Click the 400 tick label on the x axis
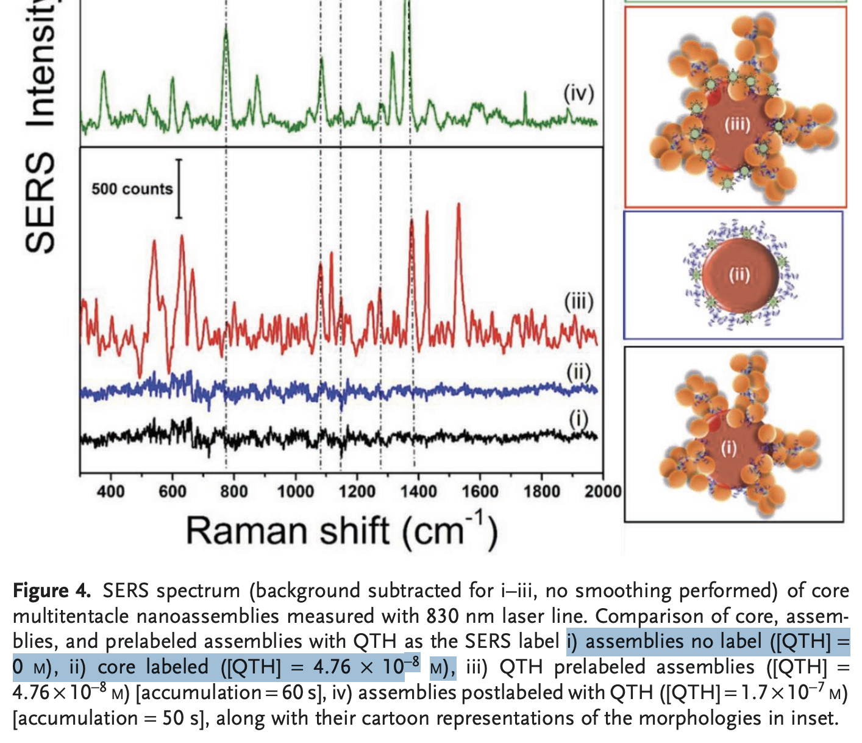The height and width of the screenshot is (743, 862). pyautogui.click(x=110, y=491)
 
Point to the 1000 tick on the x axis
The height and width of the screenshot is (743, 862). pyautogui.click(x=296, y=491)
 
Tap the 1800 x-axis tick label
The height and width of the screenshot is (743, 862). pyautogui.click(x=541, y=491)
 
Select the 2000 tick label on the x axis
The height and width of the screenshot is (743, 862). pyautogui.click(x=603, y=491)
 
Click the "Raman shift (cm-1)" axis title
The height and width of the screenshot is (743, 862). pyautogui.click(x=342, y=531)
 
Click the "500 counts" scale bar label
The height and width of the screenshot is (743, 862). pyautogui.click(x=132, y=189)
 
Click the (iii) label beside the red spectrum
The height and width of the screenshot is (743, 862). pyautogui.click(x=579, y=302)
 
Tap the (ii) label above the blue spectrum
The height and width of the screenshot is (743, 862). pyautogui.click(x=579, y=371)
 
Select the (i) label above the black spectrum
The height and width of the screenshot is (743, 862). pyautogui.click(x=579, y=418)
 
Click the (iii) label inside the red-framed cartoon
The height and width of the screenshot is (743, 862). pyautogui.click(x=737, y=125)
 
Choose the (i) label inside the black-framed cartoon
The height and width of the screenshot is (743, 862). pyautogui.click(x=729, y=448)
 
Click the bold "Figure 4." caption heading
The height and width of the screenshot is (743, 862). pyautogui.click(x=52, y=590)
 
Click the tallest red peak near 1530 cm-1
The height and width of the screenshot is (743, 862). pyautogui.click(x=458, y=206)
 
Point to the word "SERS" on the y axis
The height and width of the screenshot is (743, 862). pyautogui.click(x=40, y=201)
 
